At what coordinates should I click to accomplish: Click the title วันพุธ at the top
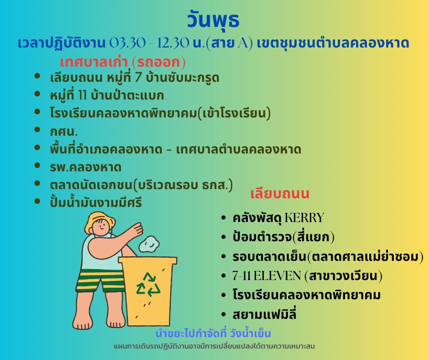pyautogui.click(x=213, y=20)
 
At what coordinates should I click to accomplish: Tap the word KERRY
pyautogui.click(x=304, y=218)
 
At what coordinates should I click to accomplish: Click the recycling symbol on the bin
pyautogui.click(x=148, y=285)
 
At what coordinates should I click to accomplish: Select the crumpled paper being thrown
pyautogui.click(x=149, y=244)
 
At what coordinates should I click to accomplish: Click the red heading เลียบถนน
pyautogui.click(x=280, y=193)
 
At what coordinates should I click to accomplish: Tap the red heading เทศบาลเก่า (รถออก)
pyautogui.click(x=123, y=62)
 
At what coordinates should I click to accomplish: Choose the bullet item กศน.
pyautogui.click(x=64, y=132)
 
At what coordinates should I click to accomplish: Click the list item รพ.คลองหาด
pyautogui.click(x=86, y=167)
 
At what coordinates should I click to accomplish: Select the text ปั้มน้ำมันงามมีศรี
pyautogui.click(x=96, y=202)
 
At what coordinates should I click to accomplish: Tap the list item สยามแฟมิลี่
pyautogui.click(x=265, y=314)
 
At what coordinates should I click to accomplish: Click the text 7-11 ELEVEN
pyautogui.click(x=267, y=275)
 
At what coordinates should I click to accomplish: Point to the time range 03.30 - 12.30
pyautogui.click(x=149, y=43)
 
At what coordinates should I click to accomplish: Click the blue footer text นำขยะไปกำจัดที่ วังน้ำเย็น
pyautogui.click(x=213, y=333)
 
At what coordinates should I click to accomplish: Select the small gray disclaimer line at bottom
pyautogui.click(x=214, y=346)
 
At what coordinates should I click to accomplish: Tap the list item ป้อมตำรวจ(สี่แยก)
pyautogui.click(x=283, y=237)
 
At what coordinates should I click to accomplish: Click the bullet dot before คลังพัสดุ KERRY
pyautogui.click(x=224, y=218)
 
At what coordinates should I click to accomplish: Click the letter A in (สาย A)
pyautogui.click(x=242, y=43)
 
